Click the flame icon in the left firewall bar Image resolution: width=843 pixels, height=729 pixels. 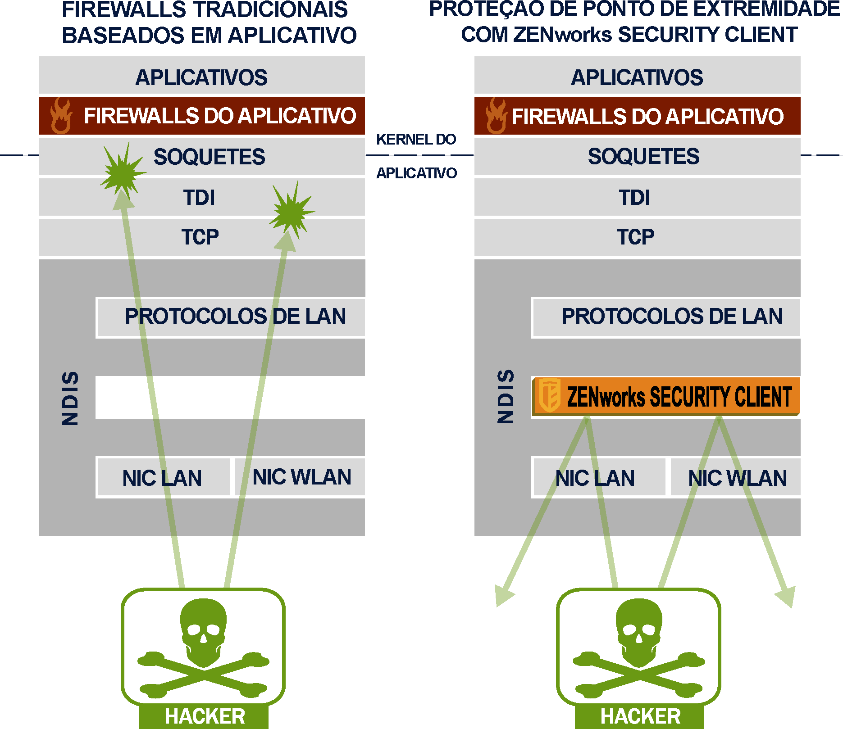(60, 116)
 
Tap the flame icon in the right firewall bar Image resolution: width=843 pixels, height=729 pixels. (496, 116)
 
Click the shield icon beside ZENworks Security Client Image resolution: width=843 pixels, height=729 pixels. (550, 395)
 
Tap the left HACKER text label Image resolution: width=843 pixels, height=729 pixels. (205, 716)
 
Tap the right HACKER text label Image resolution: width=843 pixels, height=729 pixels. (640, 716)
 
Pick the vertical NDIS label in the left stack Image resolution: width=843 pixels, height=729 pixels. (70, 398)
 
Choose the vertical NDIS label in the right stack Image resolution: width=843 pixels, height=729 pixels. (506, 396)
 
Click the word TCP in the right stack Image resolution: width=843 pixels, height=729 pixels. (635, 237)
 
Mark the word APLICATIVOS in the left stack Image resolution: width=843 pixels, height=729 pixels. (201, 77)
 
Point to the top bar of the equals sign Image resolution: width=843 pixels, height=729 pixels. (416, 139)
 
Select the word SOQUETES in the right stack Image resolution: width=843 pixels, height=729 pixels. (643, 156)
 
